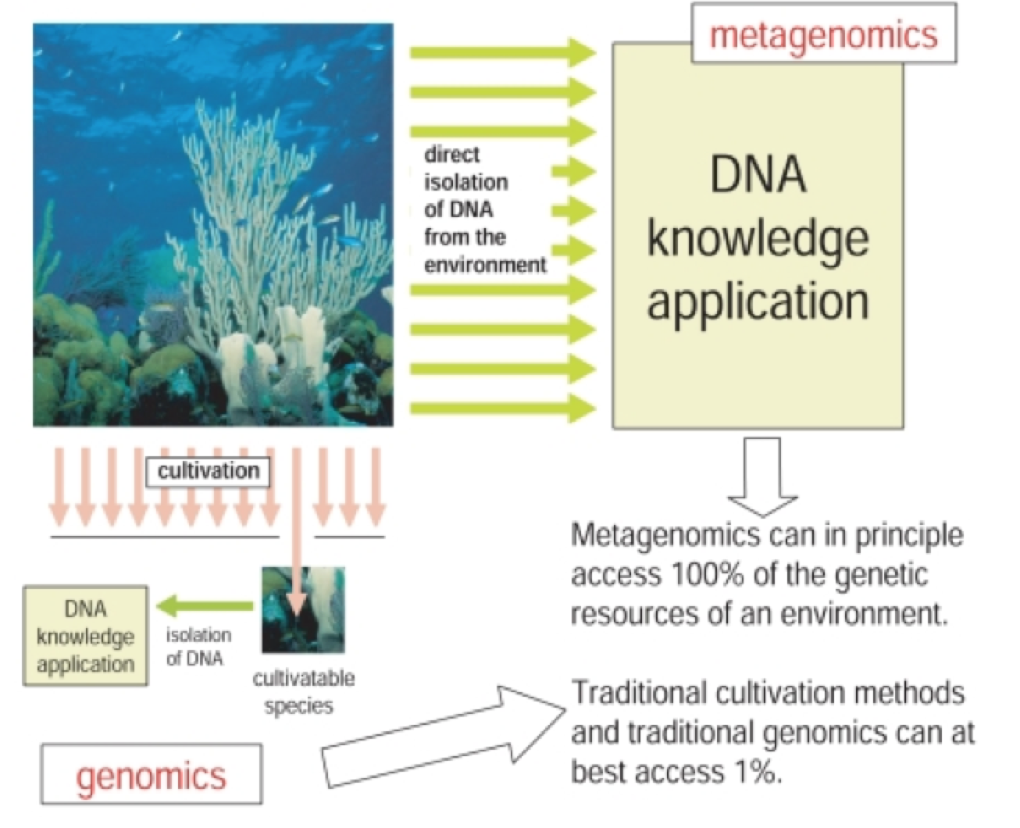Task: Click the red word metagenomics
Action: [823, 35]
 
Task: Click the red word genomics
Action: [151, 776]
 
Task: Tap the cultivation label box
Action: [208, 471]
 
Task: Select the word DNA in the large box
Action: [758, 173]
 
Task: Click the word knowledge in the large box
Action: [758, 238]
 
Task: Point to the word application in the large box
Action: [758, 301]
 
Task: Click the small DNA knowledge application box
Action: [85, 636]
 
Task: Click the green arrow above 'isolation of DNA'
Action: [205, 605]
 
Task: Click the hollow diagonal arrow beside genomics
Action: [443, 734]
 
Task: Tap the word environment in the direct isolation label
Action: [485, 265]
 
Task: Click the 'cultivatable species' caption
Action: [302, 692]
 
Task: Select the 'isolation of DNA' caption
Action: [198, 647]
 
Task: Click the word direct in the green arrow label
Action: [451, 155]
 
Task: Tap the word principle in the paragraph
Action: [909, 536]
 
